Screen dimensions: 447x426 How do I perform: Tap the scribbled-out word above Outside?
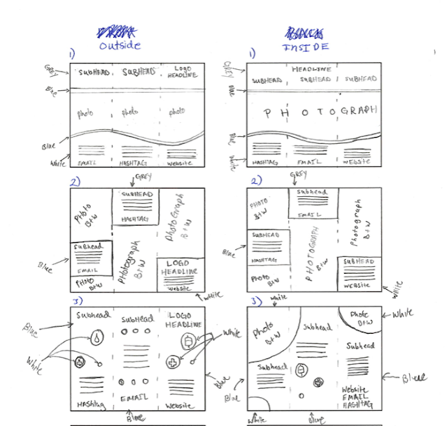pyautogui.click(x=116, y=31)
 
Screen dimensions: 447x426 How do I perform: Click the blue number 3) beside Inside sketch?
pyautogui.click(x=256, y=302)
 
